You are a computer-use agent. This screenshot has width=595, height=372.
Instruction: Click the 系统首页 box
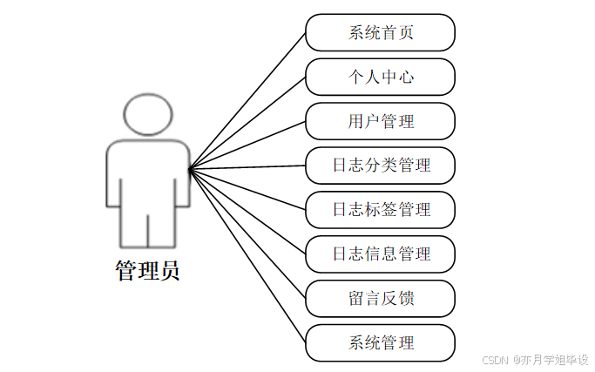pos(380,33)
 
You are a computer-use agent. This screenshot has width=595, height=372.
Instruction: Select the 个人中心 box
pos(380,77)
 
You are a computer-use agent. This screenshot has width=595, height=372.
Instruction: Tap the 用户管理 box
pos(380,121)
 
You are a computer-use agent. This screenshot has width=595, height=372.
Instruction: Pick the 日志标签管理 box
pos(380,210)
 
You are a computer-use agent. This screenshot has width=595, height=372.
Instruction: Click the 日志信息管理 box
pos(380,254)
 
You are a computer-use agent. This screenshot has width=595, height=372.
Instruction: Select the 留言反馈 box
pos(380,299)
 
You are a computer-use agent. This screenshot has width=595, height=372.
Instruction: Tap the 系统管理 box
pos(380,342)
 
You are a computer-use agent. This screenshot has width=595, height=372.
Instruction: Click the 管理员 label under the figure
pos(147,271)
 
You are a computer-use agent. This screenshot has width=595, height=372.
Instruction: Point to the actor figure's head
pos(149,114)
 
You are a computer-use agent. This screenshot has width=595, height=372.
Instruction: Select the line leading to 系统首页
pos(247,99)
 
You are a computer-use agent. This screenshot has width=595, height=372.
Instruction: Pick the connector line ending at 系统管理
pos(247,254)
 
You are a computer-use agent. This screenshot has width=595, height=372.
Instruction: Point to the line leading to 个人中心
pos(247,122)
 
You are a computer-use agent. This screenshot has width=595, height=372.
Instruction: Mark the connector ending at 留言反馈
pos(247,233)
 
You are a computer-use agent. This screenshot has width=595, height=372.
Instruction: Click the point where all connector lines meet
pos(190,167)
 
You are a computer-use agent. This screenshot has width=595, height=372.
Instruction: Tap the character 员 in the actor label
pos(169,271)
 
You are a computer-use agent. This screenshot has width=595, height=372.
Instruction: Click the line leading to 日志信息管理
pos(247,210)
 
